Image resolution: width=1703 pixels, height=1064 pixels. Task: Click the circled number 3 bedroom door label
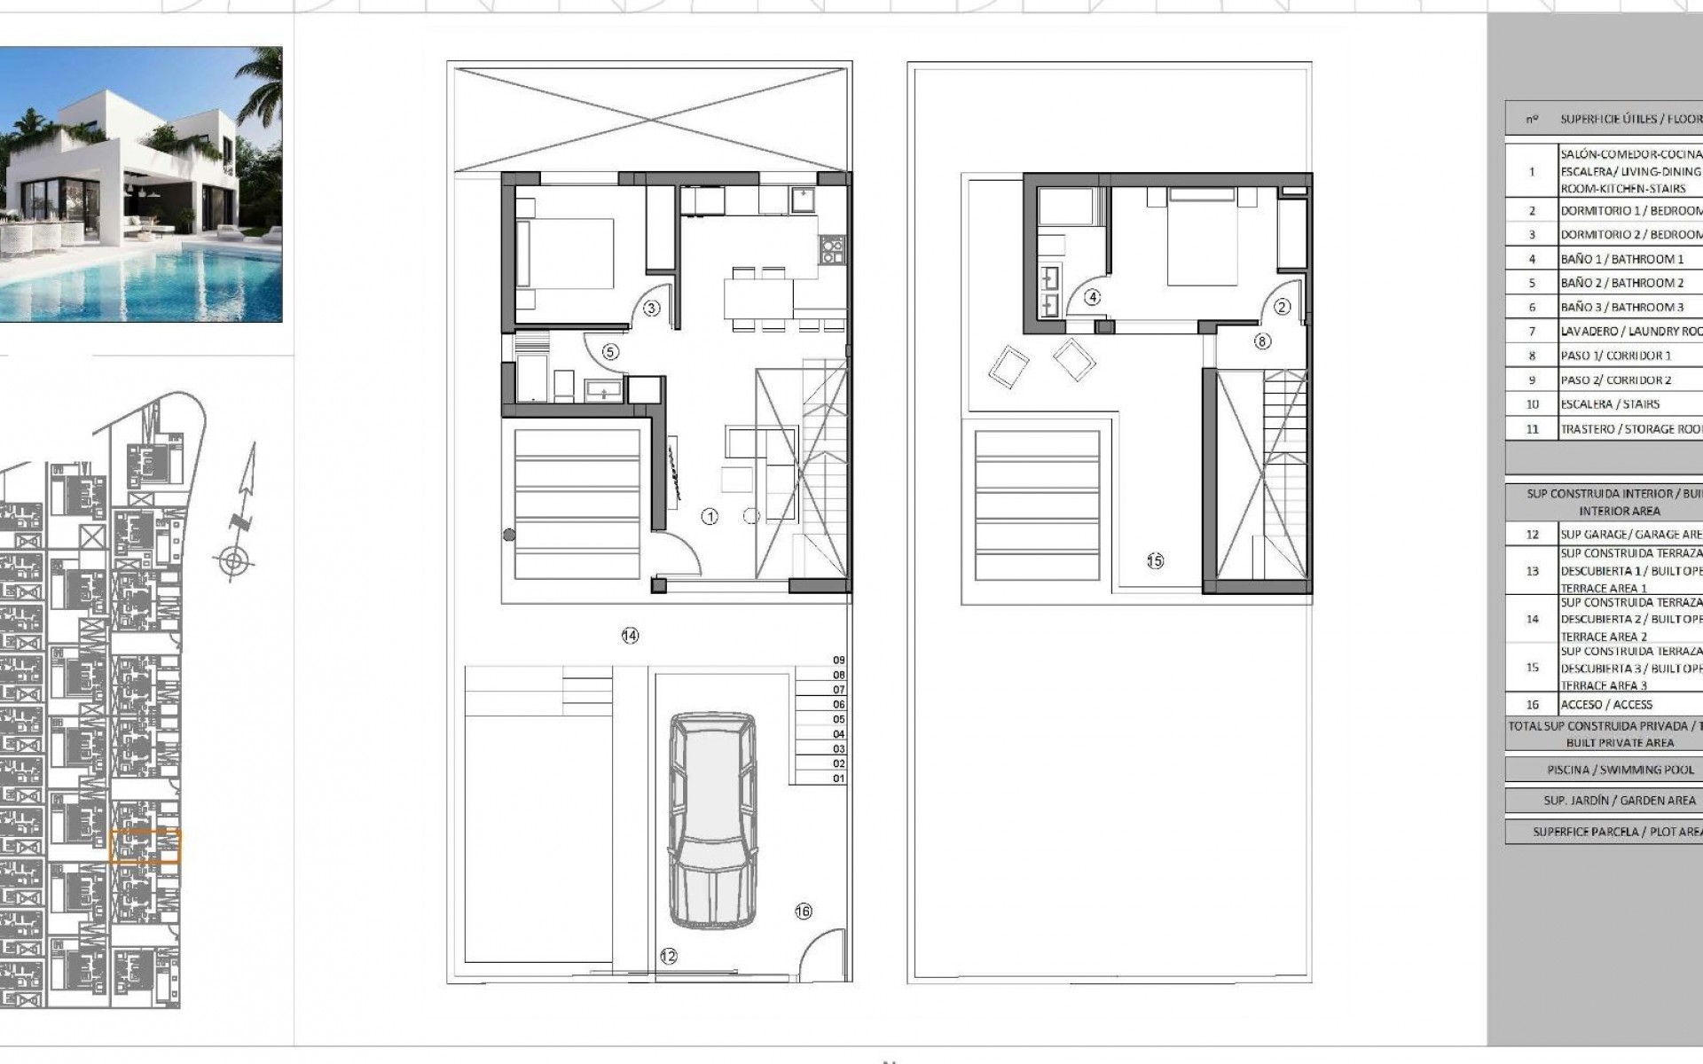(651, 309)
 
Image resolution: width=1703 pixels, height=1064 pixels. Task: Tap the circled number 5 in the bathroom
(609, 352)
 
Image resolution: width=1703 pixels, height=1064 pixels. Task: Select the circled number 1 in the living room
(710, 516)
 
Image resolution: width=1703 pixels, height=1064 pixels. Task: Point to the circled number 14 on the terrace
(630, 636)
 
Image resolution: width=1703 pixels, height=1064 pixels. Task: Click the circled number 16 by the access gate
(804, 911)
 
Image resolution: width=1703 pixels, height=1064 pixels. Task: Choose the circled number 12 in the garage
(668, 956)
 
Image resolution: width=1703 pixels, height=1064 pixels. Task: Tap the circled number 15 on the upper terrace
(1155, 560)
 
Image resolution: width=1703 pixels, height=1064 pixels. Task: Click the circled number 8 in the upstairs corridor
(1262, 340)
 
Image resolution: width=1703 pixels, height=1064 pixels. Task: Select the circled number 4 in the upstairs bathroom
(1093, 298)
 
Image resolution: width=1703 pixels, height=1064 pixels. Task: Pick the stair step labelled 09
(838, 661)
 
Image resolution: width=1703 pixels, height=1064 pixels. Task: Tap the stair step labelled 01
(838, 778)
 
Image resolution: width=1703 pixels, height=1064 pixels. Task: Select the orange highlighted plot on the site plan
(145, 846)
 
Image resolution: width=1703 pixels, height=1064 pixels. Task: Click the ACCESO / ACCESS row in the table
(1605, 705)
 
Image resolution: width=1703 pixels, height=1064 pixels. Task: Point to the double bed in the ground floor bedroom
(565, 253)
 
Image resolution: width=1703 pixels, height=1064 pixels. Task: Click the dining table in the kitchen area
(757, 297)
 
